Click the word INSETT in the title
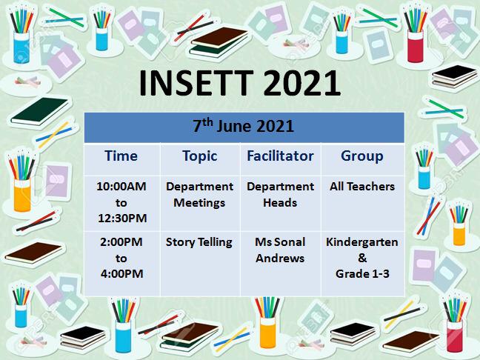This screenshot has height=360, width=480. [196, 83]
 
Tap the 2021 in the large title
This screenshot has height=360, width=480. [301, 83]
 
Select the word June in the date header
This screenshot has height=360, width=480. [234, 126]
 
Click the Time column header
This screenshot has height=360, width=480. [121, 156]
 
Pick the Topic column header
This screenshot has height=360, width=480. [200, 157]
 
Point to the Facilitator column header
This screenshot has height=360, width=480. [280, 156]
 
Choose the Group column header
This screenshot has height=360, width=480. [361, 157]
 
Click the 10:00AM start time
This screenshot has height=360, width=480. [121, 186]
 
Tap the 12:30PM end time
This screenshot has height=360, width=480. [122, 218]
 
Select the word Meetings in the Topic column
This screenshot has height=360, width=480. [199, 203]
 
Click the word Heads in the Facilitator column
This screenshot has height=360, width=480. [280, 202]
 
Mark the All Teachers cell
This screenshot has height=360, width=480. [362, 186]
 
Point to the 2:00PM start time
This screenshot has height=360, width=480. [121, 241]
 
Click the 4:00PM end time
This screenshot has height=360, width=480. [121, 273]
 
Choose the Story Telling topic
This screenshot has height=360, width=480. [199, 242]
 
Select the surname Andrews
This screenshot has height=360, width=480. [280, 258]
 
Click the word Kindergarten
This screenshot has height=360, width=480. [362, 242]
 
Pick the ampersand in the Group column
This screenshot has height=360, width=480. [362, 258]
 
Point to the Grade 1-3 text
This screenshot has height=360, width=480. [362, 273]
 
